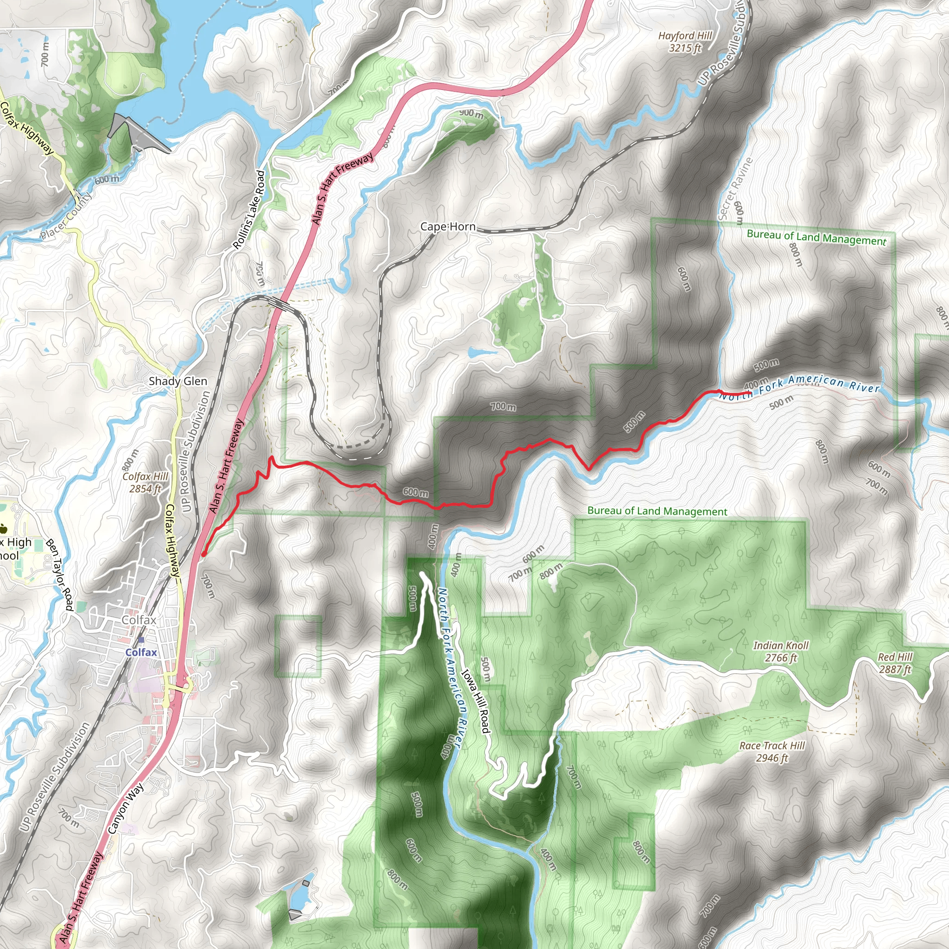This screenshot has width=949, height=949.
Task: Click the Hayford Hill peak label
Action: (x=685, y=42)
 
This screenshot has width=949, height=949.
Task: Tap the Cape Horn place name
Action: (x=448, y=227)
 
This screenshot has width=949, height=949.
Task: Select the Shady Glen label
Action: (x=178, y=381)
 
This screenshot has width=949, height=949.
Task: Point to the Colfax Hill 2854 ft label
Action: (x=145, y=482)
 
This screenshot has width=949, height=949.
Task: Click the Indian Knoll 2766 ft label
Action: (x=780, y=652)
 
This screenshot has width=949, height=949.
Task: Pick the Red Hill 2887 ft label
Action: (x=895, y=663)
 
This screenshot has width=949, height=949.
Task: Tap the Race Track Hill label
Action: (x=772, y=752)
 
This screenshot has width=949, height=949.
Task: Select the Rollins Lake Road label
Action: (x=248, y=210)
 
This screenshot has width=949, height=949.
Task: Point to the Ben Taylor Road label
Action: (x=59, y=575)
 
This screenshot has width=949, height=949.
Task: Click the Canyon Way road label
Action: (x=126, y=808)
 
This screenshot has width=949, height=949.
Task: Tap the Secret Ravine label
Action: (x=735, y=189)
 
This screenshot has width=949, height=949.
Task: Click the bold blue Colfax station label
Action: (x=141, y=652)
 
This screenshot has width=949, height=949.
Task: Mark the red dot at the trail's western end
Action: (x=203, y=555)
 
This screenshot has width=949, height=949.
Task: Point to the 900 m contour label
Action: (x=472, y=114)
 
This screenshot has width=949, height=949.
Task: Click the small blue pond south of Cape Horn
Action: (x=476, y=352)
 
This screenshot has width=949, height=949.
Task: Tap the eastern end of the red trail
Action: (x=720, y=391)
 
